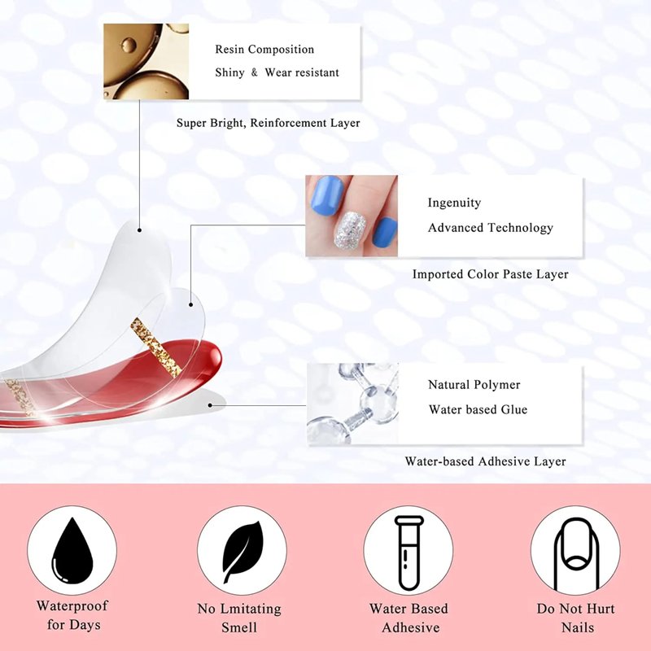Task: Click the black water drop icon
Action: click(x=72, y=551)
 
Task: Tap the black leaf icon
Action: click(x=242, y=551)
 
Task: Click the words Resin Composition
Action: click(x=264, y=50)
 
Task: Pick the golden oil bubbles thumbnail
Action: click(x=146, y=62)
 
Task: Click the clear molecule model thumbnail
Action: click(x=352, y=404)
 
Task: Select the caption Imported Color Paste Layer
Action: click(x=491, y=274)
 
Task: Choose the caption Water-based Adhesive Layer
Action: click(x=485, y=461)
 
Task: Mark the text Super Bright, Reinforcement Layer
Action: click(x=269, y=123)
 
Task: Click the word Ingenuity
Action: click(x=454, y=203)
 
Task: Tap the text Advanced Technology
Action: click(x=491, y=228)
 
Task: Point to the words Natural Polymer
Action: click(x=474, y=385)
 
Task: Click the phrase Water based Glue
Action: click(x=478, y=410)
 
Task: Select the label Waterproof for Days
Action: click(x=72, y=615)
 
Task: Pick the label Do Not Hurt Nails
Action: click(x=576, y=618)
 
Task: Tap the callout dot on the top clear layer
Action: click(x=139, y=230)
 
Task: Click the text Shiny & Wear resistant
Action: click(x=277, y=72)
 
